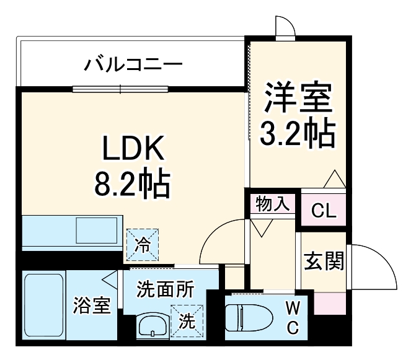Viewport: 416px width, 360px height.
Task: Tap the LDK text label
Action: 132,151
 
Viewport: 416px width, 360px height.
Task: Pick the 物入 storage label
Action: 273,204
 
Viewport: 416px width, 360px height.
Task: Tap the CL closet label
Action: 323,211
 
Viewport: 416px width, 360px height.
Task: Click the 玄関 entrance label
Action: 323,262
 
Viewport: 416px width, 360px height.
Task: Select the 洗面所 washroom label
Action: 166,289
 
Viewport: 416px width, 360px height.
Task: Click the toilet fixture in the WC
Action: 247,317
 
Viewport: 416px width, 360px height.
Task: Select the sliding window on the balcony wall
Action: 120,89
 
